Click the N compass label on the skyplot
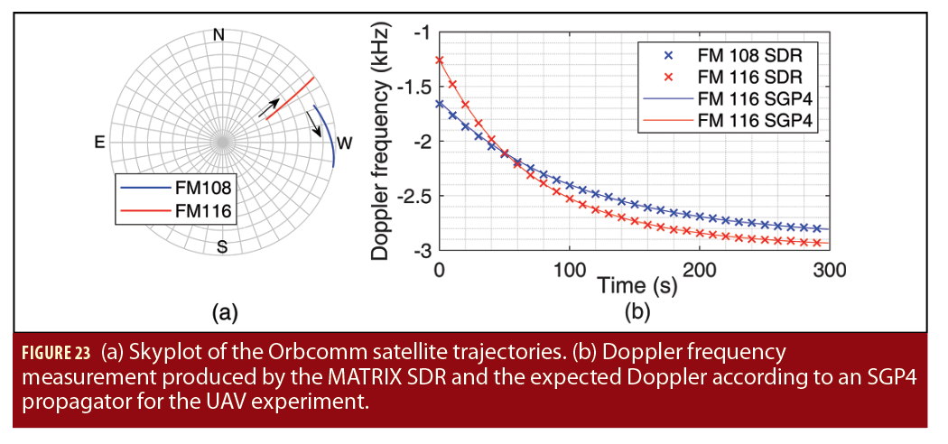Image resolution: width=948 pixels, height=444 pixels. pyautogui.click(x=218, y=35)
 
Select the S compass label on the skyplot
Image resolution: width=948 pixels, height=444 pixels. pyautogui.click(x=221, y=246)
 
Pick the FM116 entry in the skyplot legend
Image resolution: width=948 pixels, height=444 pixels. pyautogui.click(x=203, y=211)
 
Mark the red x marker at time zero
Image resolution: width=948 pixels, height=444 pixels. pyautogui.click(x=440, y=60)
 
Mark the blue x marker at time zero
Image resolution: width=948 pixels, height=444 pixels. pyautogui.click(x=440, y=104)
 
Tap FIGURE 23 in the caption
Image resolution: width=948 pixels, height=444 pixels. pyautogui.click(x=53, y=350)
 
